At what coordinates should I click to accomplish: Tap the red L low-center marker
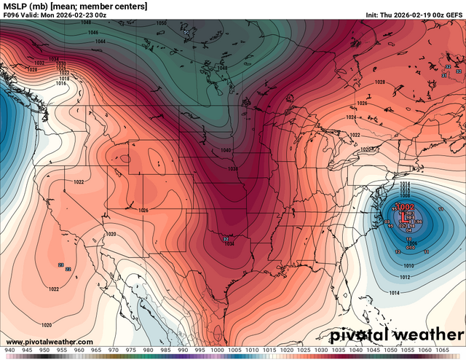click(405, 216)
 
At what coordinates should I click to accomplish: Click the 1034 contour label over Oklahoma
click(229, 244)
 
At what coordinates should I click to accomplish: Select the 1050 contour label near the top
click(162, 23)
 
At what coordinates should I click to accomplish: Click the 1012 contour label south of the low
click(405, 278)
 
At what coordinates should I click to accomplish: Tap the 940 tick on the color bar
click(9, 351)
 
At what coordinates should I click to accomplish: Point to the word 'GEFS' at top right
click(452, 15)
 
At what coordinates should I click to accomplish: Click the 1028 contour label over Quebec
click(379, 82)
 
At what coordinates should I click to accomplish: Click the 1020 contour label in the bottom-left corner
click(46, 324)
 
